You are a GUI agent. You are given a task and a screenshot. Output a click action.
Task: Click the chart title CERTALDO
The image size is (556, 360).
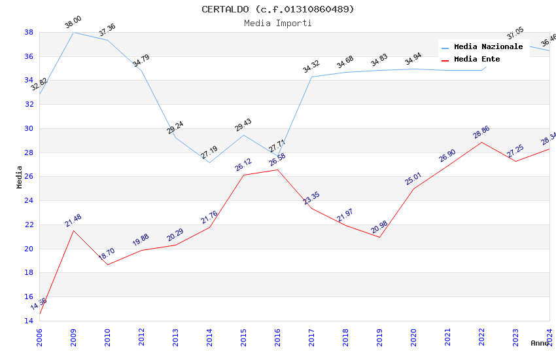tap(277, 9)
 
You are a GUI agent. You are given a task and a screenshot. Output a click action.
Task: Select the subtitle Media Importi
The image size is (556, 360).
tap(277, 24)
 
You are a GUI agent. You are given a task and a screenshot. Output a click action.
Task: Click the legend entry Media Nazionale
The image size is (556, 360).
tap(488, 47)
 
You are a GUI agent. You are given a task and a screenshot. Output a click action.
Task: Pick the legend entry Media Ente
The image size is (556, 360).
tap(477, 60)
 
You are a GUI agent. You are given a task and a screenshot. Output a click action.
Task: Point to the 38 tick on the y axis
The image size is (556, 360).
tap(29, 32)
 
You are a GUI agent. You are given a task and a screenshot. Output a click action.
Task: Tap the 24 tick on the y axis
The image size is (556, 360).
tap(29, 201)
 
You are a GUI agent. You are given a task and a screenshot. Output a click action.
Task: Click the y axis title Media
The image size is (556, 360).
tap(20, 177)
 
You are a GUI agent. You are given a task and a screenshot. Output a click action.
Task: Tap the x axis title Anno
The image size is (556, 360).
tap(540, 343)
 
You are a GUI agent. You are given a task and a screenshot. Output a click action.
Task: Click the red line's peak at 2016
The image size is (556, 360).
tap(277, 170)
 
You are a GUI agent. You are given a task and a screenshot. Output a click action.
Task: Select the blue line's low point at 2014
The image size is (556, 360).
tap(209, 162)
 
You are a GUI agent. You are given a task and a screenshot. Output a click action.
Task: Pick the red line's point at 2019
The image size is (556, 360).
tap(379, 237)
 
